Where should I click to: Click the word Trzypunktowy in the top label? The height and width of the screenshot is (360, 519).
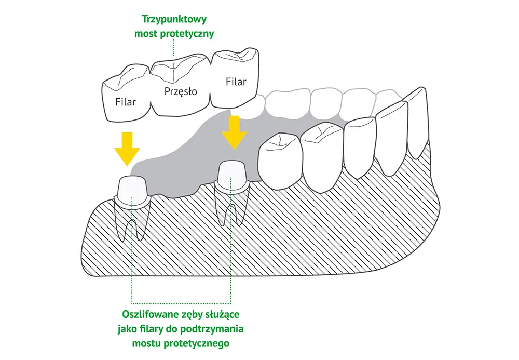174,20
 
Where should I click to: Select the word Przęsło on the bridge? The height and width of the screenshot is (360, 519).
181,92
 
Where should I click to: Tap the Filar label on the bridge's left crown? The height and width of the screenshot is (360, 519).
126,102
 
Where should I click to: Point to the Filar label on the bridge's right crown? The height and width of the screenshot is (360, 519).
236,82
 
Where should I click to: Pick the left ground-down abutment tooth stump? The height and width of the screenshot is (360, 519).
132,189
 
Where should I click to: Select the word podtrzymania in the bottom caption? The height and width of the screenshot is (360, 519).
217,329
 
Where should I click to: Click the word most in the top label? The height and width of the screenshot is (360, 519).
146,34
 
